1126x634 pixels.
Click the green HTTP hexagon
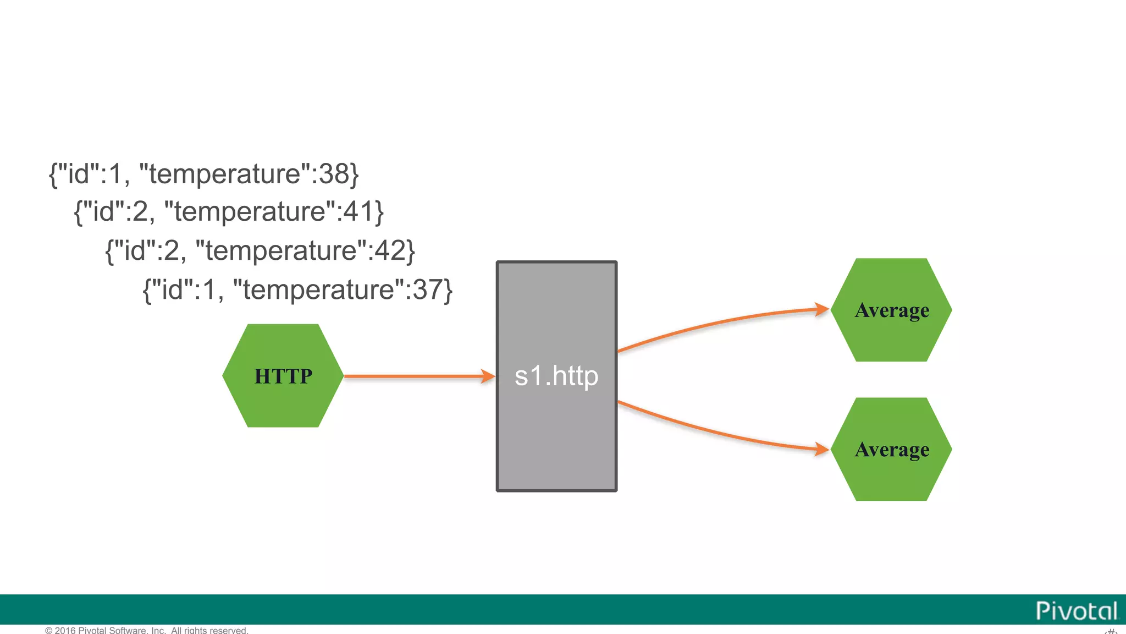click(x=283, y=376)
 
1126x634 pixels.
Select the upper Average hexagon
click(x=891, y=310)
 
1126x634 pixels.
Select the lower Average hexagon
click(x=891, y=449)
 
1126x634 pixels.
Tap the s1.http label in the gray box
click(x=556, y=376)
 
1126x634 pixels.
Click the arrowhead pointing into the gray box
click(x=488, y=376)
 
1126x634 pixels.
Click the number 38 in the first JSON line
click(x=334, y=174)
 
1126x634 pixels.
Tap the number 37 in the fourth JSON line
click(x=428, y=289)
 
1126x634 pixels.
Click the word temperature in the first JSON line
click(x=225, y=174)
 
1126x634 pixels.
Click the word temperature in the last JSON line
click(x=319, y=289)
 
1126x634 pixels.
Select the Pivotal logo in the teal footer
click(x=1077, y=611)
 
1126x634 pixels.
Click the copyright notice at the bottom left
click(x=147, y=630)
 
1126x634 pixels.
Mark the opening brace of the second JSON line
click(x=79, y=212)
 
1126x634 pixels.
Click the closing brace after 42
click(x=411, y=251)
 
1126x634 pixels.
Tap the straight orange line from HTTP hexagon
click(x=412, y=376)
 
